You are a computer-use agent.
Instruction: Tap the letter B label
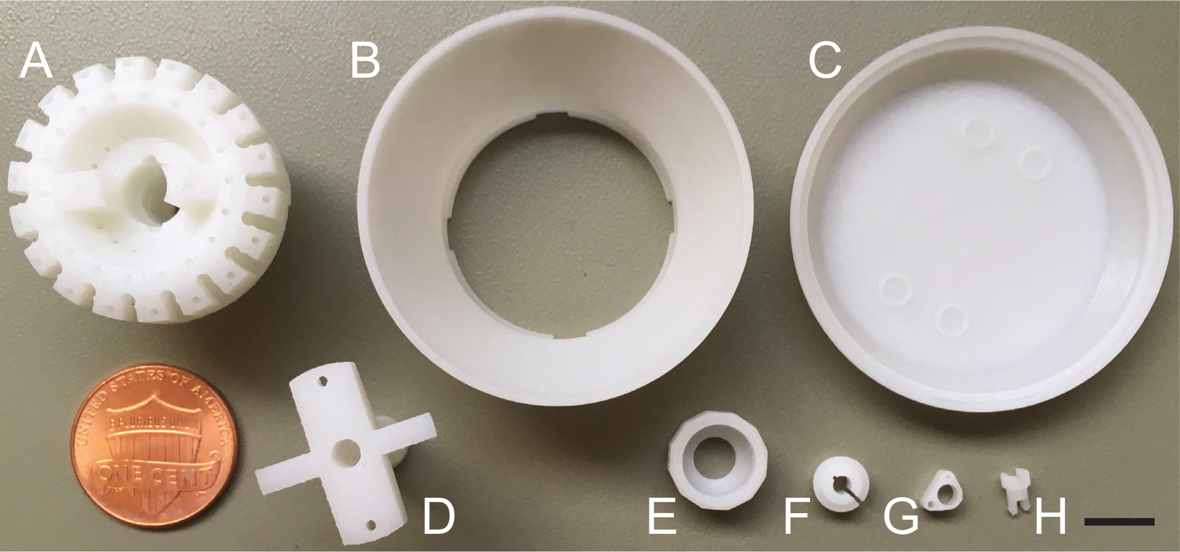pos(366,62)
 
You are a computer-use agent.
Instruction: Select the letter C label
pos(825,62)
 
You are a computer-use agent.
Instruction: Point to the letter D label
pos(438,517)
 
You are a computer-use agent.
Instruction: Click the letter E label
pos(662,517)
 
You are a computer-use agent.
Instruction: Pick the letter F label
pos(797,517)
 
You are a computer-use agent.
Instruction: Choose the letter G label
pos(900,517)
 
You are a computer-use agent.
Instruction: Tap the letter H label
pos(1050,517)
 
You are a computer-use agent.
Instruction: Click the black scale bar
pos(1119,521)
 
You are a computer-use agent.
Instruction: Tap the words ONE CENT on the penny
pos(155,474)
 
